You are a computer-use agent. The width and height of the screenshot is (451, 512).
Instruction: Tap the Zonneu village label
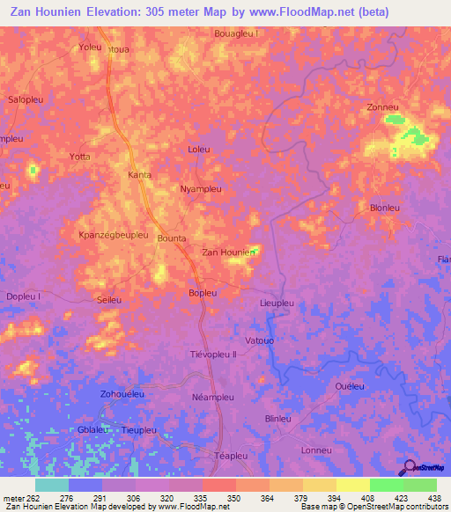coord(384,107)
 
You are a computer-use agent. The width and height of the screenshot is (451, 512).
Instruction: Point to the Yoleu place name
coord(90,48)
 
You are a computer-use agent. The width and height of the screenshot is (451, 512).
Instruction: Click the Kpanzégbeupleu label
coord(112,237)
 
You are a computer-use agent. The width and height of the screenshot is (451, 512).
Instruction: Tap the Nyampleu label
coord(200,189)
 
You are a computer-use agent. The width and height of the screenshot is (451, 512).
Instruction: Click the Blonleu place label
coord(385,208)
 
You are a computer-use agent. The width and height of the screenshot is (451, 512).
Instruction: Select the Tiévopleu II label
coord(214,355)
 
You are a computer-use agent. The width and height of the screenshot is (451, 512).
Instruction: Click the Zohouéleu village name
coord(122,394)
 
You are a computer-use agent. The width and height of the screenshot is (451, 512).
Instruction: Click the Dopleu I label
coord(24,297)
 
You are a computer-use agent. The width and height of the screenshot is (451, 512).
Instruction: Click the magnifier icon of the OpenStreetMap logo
coord(409,467)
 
